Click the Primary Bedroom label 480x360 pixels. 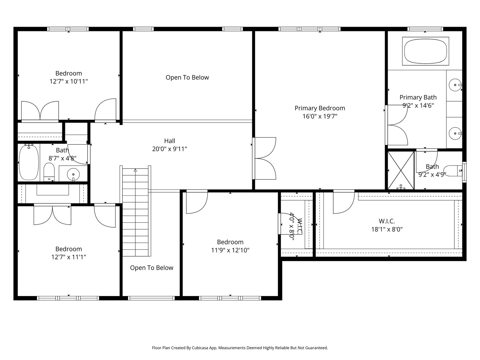coord(320,108)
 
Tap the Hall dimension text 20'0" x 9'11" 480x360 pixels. coord(169,149)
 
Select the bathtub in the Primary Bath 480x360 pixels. coord(426,51)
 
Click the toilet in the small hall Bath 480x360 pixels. coord(49,172)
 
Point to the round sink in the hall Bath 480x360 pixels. coord(73,174)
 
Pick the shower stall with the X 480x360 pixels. coord(401,170)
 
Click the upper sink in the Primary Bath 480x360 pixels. coord(455,85)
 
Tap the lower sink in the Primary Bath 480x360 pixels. coord(455,133)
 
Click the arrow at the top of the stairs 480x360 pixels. coord(135,170)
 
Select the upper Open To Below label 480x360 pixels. coord(187,77)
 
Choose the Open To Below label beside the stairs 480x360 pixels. coord(152,268)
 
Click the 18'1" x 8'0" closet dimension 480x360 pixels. coord(387,230)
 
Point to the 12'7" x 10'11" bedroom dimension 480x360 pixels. coord(69,82)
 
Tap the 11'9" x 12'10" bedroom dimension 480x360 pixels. coord(230,250)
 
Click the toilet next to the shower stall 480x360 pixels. coord(453,171)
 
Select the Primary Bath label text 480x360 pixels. coord(418,97)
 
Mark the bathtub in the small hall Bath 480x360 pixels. coord(29,162)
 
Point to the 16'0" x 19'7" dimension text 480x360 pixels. coord(320,116)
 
